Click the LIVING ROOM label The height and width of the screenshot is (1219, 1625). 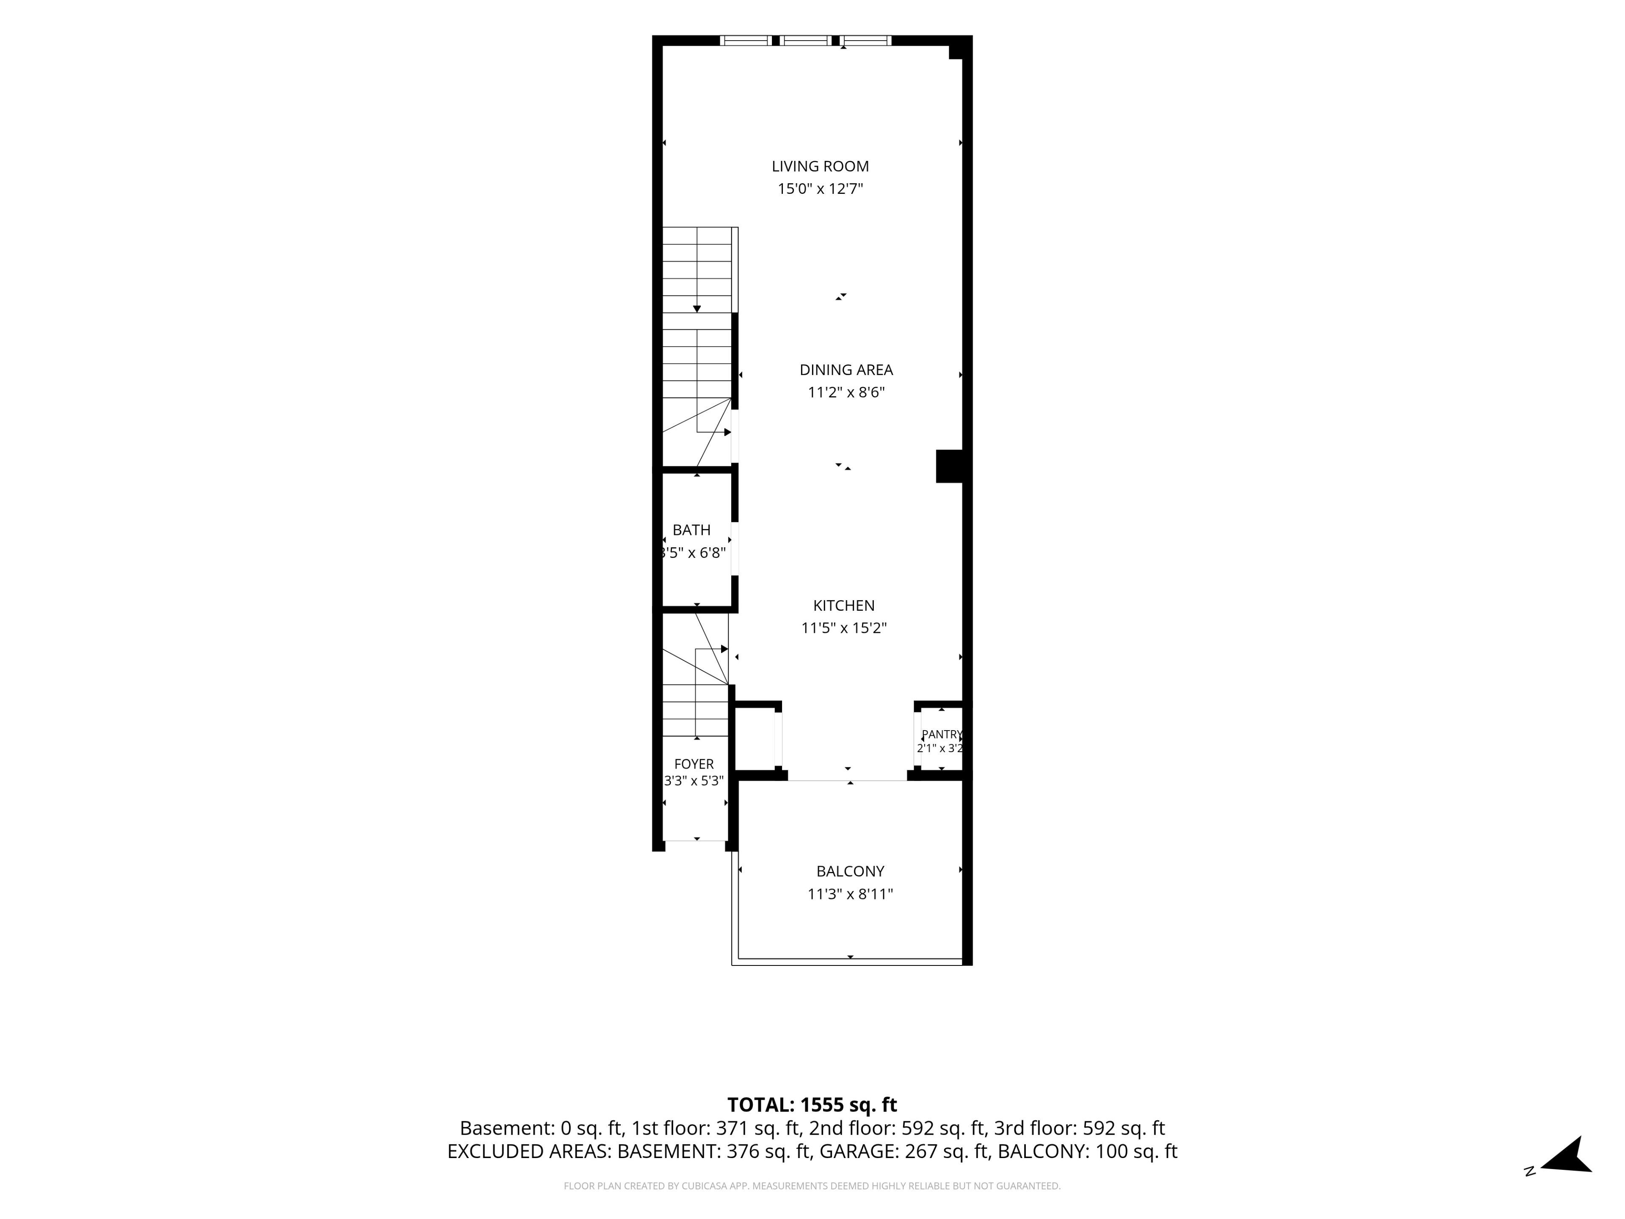tap(820, 167)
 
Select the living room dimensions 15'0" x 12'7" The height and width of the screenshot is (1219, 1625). tap(820, 189)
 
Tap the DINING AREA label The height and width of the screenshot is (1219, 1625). tap(846, 370)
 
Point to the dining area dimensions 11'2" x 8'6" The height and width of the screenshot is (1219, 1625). tap(846, 392)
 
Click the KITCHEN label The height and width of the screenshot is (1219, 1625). tap(843, 605)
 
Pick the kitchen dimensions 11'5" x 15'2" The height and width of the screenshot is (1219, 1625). tap(843, 628)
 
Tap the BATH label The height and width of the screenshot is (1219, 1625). tap(691, 530)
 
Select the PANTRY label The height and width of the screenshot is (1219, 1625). tap(941, 734)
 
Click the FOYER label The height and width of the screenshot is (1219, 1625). tap(694, 764)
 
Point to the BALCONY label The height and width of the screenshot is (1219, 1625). tap(850, 872)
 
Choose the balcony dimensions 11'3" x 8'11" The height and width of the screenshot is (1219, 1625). tap(850, 894)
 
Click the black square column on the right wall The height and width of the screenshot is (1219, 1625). tap(949, 466)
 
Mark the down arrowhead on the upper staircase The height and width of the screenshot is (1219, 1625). tap(697, 309)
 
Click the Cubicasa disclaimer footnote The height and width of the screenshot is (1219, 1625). tap(812, 1186)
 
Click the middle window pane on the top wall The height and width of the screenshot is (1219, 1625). tap(806, 40)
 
